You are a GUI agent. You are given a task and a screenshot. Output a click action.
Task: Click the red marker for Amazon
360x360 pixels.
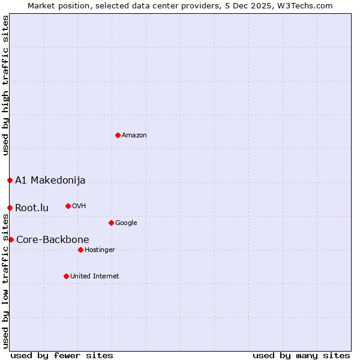(x=118, y=135)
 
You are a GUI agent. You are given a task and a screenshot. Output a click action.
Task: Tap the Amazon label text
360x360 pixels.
(x=134, y=136)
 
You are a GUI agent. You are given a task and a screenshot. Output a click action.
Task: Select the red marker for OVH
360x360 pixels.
(x=68, y=206)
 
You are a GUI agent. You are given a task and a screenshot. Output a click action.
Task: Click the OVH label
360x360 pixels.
(x=79, y=206)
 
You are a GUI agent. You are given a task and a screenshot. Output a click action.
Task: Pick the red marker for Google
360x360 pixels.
(x=111, y=223)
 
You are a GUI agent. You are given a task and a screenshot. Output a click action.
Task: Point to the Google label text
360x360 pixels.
(x=126, y=223)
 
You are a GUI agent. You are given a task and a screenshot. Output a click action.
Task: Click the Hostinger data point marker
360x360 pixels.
(x=80, y=250)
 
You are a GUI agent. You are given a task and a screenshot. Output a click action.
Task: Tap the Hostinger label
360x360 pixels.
(x=100, y=250)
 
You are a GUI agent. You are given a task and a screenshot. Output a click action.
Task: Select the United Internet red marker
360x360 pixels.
(x=66, y=276)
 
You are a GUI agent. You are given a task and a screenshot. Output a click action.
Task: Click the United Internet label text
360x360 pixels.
(x=95, y=277)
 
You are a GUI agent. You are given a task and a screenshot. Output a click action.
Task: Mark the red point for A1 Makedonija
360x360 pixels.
(x=10, y=180)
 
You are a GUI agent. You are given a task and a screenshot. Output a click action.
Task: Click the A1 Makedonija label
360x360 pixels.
(x=50, y=181)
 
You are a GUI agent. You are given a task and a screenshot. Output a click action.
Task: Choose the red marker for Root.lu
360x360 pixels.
(x=10, y=208)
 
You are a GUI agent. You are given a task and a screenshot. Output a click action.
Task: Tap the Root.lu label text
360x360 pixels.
(x=32, y=208)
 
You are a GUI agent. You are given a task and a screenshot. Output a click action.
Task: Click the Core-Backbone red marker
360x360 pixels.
(x=11, y=239)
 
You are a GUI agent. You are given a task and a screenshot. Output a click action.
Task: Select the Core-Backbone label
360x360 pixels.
(x=53, y=240)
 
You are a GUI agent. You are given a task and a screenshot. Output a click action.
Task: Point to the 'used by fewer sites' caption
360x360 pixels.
(x=62, y=355)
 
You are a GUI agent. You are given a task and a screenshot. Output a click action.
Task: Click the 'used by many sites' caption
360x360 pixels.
(x=301, y=355)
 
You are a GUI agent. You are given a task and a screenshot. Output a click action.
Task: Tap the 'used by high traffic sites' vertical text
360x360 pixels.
(x=5, y=85)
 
